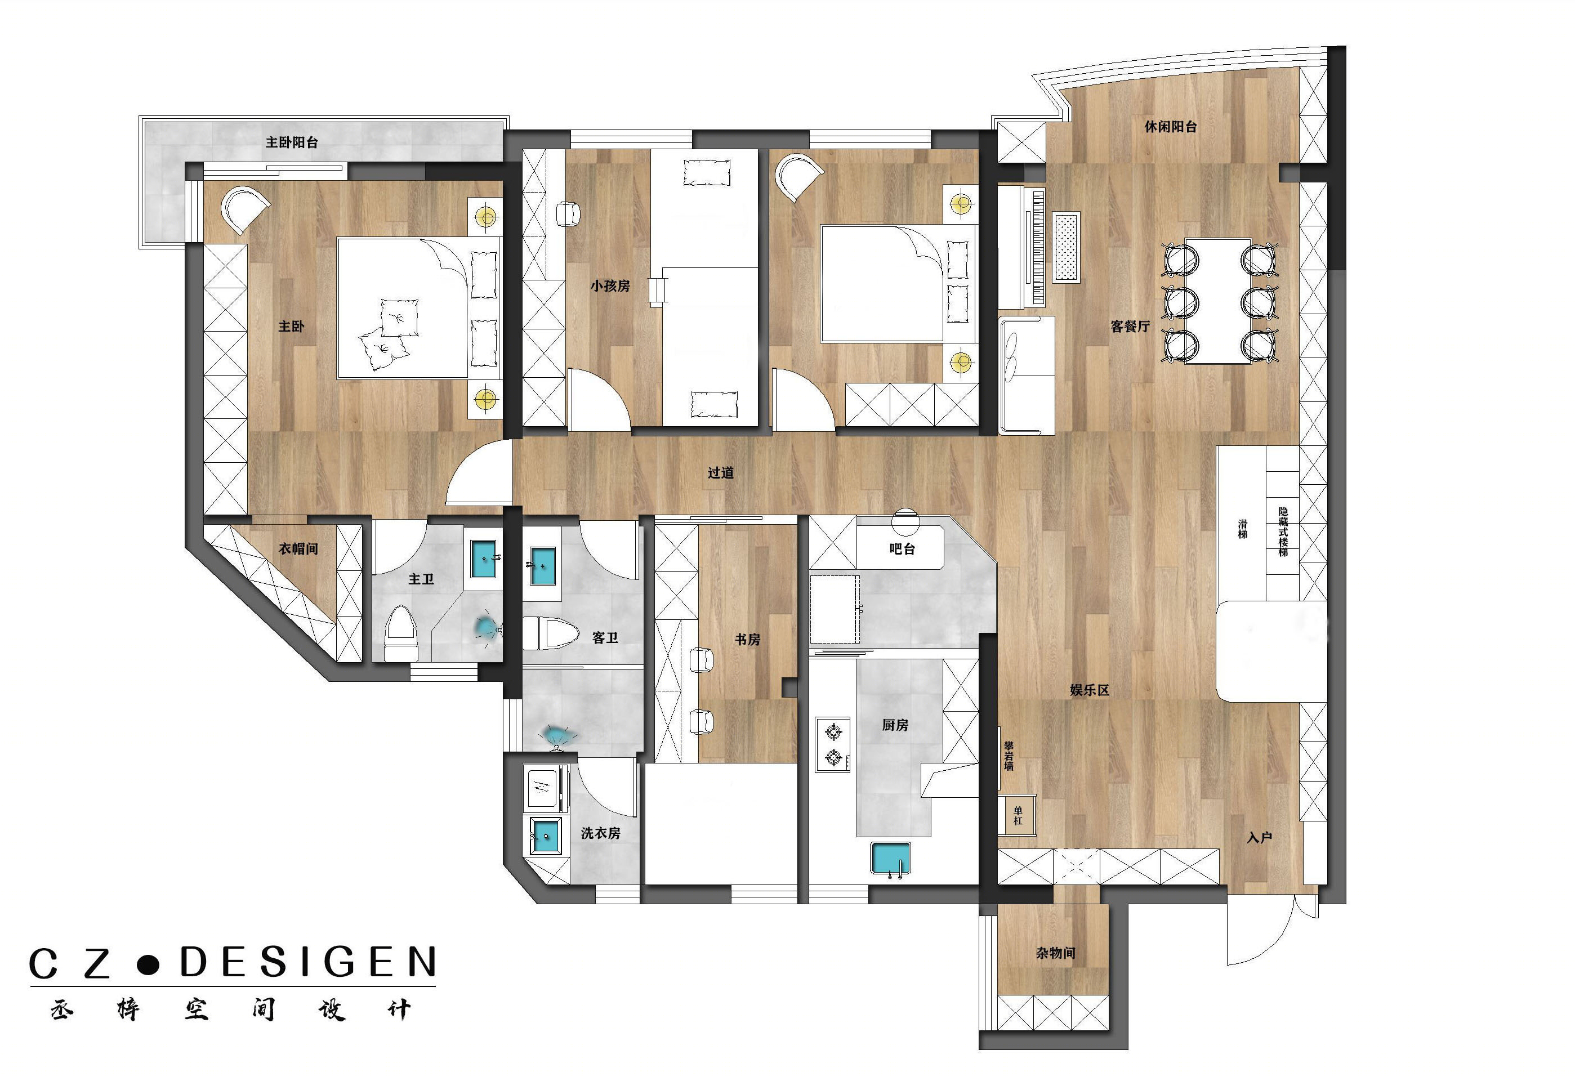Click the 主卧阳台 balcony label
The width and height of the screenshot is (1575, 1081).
click(x=292, y=142)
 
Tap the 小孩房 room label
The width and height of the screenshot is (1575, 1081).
click(x=610, y=286)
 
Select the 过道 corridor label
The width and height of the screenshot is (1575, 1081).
click(x=720, y=472)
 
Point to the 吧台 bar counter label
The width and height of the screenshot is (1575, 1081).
click(x=902, y=549)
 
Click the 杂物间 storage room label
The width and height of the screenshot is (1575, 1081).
click(x=1055, y=953)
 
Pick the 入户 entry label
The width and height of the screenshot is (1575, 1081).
click(x=1259, y=838)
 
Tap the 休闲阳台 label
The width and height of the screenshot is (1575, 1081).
click(x=1170, y=127)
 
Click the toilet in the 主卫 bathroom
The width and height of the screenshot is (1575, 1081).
click(x=401, y=634)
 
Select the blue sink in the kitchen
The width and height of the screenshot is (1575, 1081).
click(x=890, y=859)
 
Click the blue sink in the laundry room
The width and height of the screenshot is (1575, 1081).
click(x=546, y=836)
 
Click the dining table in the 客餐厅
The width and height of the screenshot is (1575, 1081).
click(x=1218, y=301)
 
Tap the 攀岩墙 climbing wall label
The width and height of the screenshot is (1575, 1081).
click(x=1009, y=756)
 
